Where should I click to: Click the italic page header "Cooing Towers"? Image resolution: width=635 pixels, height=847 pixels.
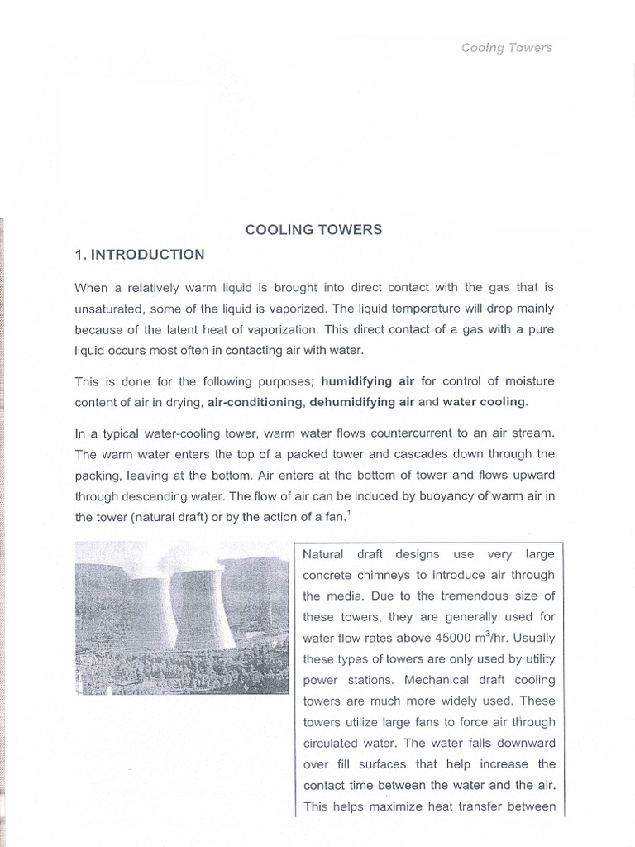tap(506, 47)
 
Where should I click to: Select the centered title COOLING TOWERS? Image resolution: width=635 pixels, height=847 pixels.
tap(314, 229)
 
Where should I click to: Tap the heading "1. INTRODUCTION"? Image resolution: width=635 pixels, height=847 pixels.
tap(139, 255)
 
